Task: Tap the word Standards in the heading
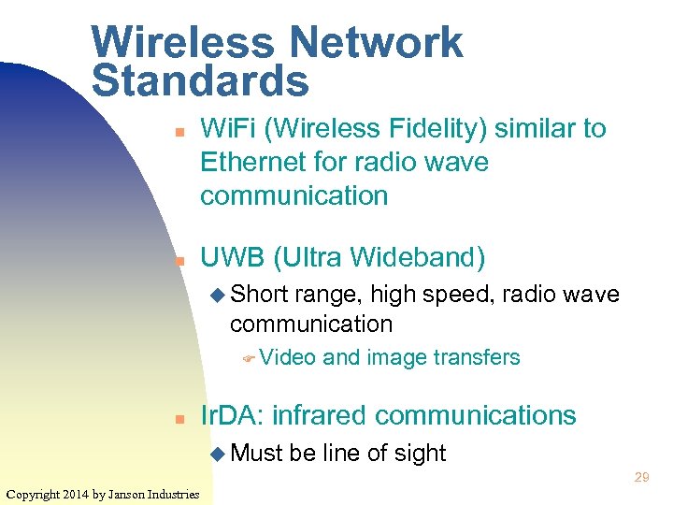pos(200,80)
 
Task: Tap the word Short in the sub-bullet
pos(261,296)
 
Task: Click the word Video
pos(288,357)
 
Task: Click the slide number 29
pos(641,478)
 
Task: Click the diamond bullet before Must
pos(218,454)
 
